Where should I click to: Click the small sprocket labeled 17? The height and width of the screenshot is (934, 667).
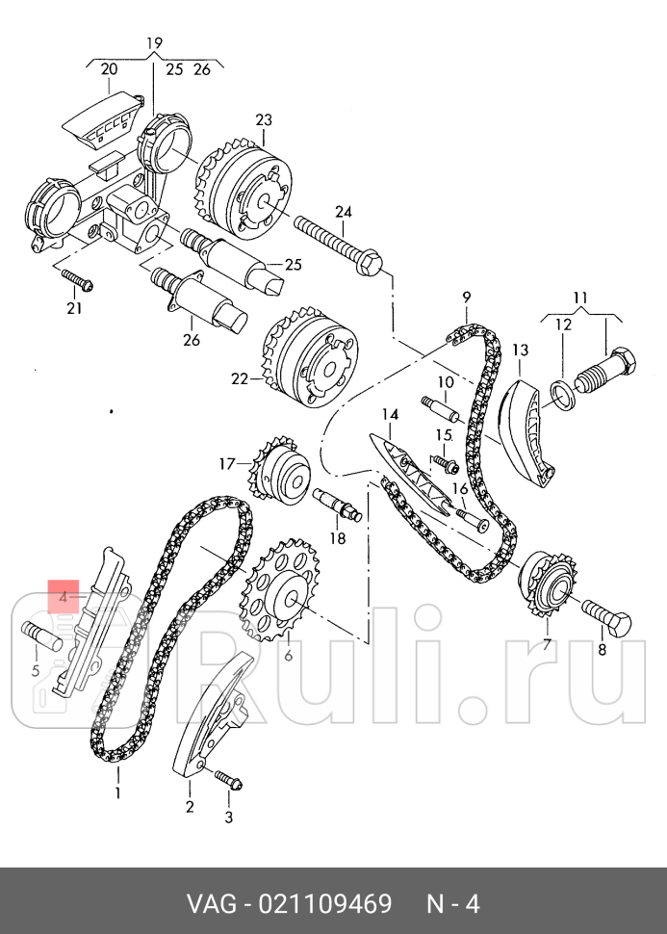click(x=279, y=474)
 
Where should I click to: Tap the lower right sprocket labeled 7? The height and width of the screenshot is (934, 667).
click(x=548, y=586)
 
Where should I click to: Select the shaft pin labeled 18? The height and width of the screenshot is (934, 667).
click(x=337, y=504)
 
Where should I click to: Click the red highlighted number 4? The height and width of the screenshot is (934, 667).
click(x=64, y=596)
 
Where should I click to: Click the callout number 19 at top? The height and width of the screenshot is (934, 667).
click(x=154, y=43)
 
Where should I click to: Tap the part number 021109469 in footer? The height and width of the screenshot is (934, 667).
click(x=325, y=903)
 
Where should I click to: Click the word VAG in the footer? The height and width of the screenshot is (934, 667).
click(x=213, y=903)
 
